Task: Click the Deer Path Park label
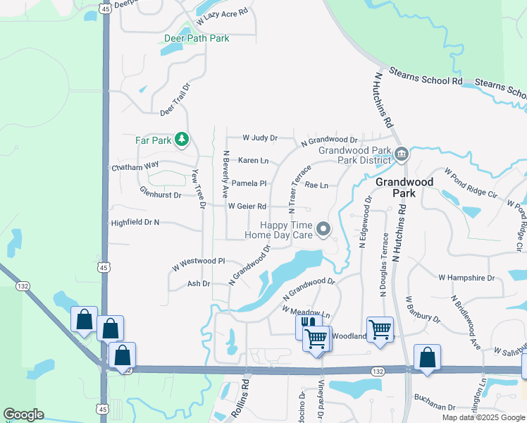pyautogui.click(x=197, y=39)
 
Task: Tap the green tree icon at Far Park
pyautogui.click(x=182, y=140)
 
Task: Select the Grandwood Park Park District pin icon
pyautogui.click(x=402, y=154)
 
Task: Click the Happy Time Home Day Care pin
pyautogui.click(x=323, y=228)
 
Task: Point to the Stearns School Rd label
pyautogui.click(x=428, y=81)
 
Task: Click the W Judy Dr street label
pyautogui.click(x=260, y=138)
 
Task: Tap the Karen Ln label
pyautogui.click(x=254, y=161)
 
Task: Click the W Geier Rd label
pyautogui.click(x=247, y=207)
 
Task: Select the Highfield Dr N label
pyautogui.click(x=136, y=223)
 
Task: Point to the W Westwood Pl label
pyautogui.click(x=198, y=264)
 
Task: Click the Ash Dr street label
pyautogui.click(x=199, y=283)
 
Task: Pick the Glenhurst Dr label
pyautogui.click(x=160, y=192)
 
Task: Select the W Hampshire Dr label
pyautogui.click(x=466, y=278)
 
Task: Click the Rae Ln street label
pyautogui.click(x=316, y=185)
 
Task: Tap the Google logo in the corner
pyautogui.click(x=24, y=415)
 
